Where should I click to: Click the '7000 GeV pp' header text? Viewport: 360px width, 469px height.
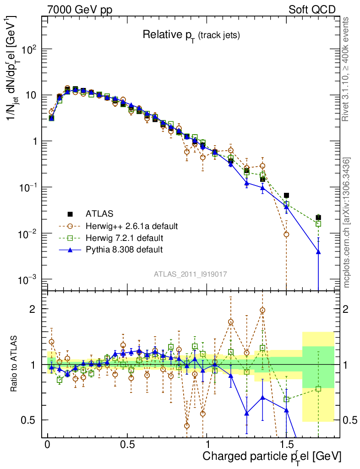click(x=80, y=10)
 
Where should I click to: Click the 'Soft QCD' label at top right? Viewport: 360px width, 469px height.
click(x=312, y=10)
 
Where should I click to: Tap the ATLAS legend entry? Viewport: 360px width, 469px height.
click(x=98, y=214)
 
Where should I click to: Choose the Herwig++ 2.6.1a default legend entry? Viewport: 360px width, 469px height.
click(x=131, y=226)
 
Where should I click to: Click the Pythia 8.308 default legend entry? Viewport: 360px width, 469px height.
click(x=124, y=250)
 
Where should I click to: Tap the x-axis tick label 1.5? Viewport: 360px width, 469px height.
click(x=286, y=445)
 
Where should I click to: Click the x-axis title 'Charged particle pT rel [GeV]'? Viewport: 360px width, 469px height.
click(x=272, y=457)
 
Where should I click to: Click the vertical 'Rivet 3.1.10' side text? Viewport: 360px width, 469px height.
click(x=346, y=69)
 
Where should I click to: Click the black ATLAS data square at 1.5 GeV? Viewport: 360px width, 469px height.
click(x=286, y=196)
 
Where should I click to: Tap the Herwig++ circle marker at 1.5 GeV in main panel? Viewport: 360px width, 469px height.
click(x=286, y=234)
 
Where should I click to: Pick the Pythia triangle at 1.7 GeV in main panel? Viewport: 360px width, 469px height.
click(x=318, y=252)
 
